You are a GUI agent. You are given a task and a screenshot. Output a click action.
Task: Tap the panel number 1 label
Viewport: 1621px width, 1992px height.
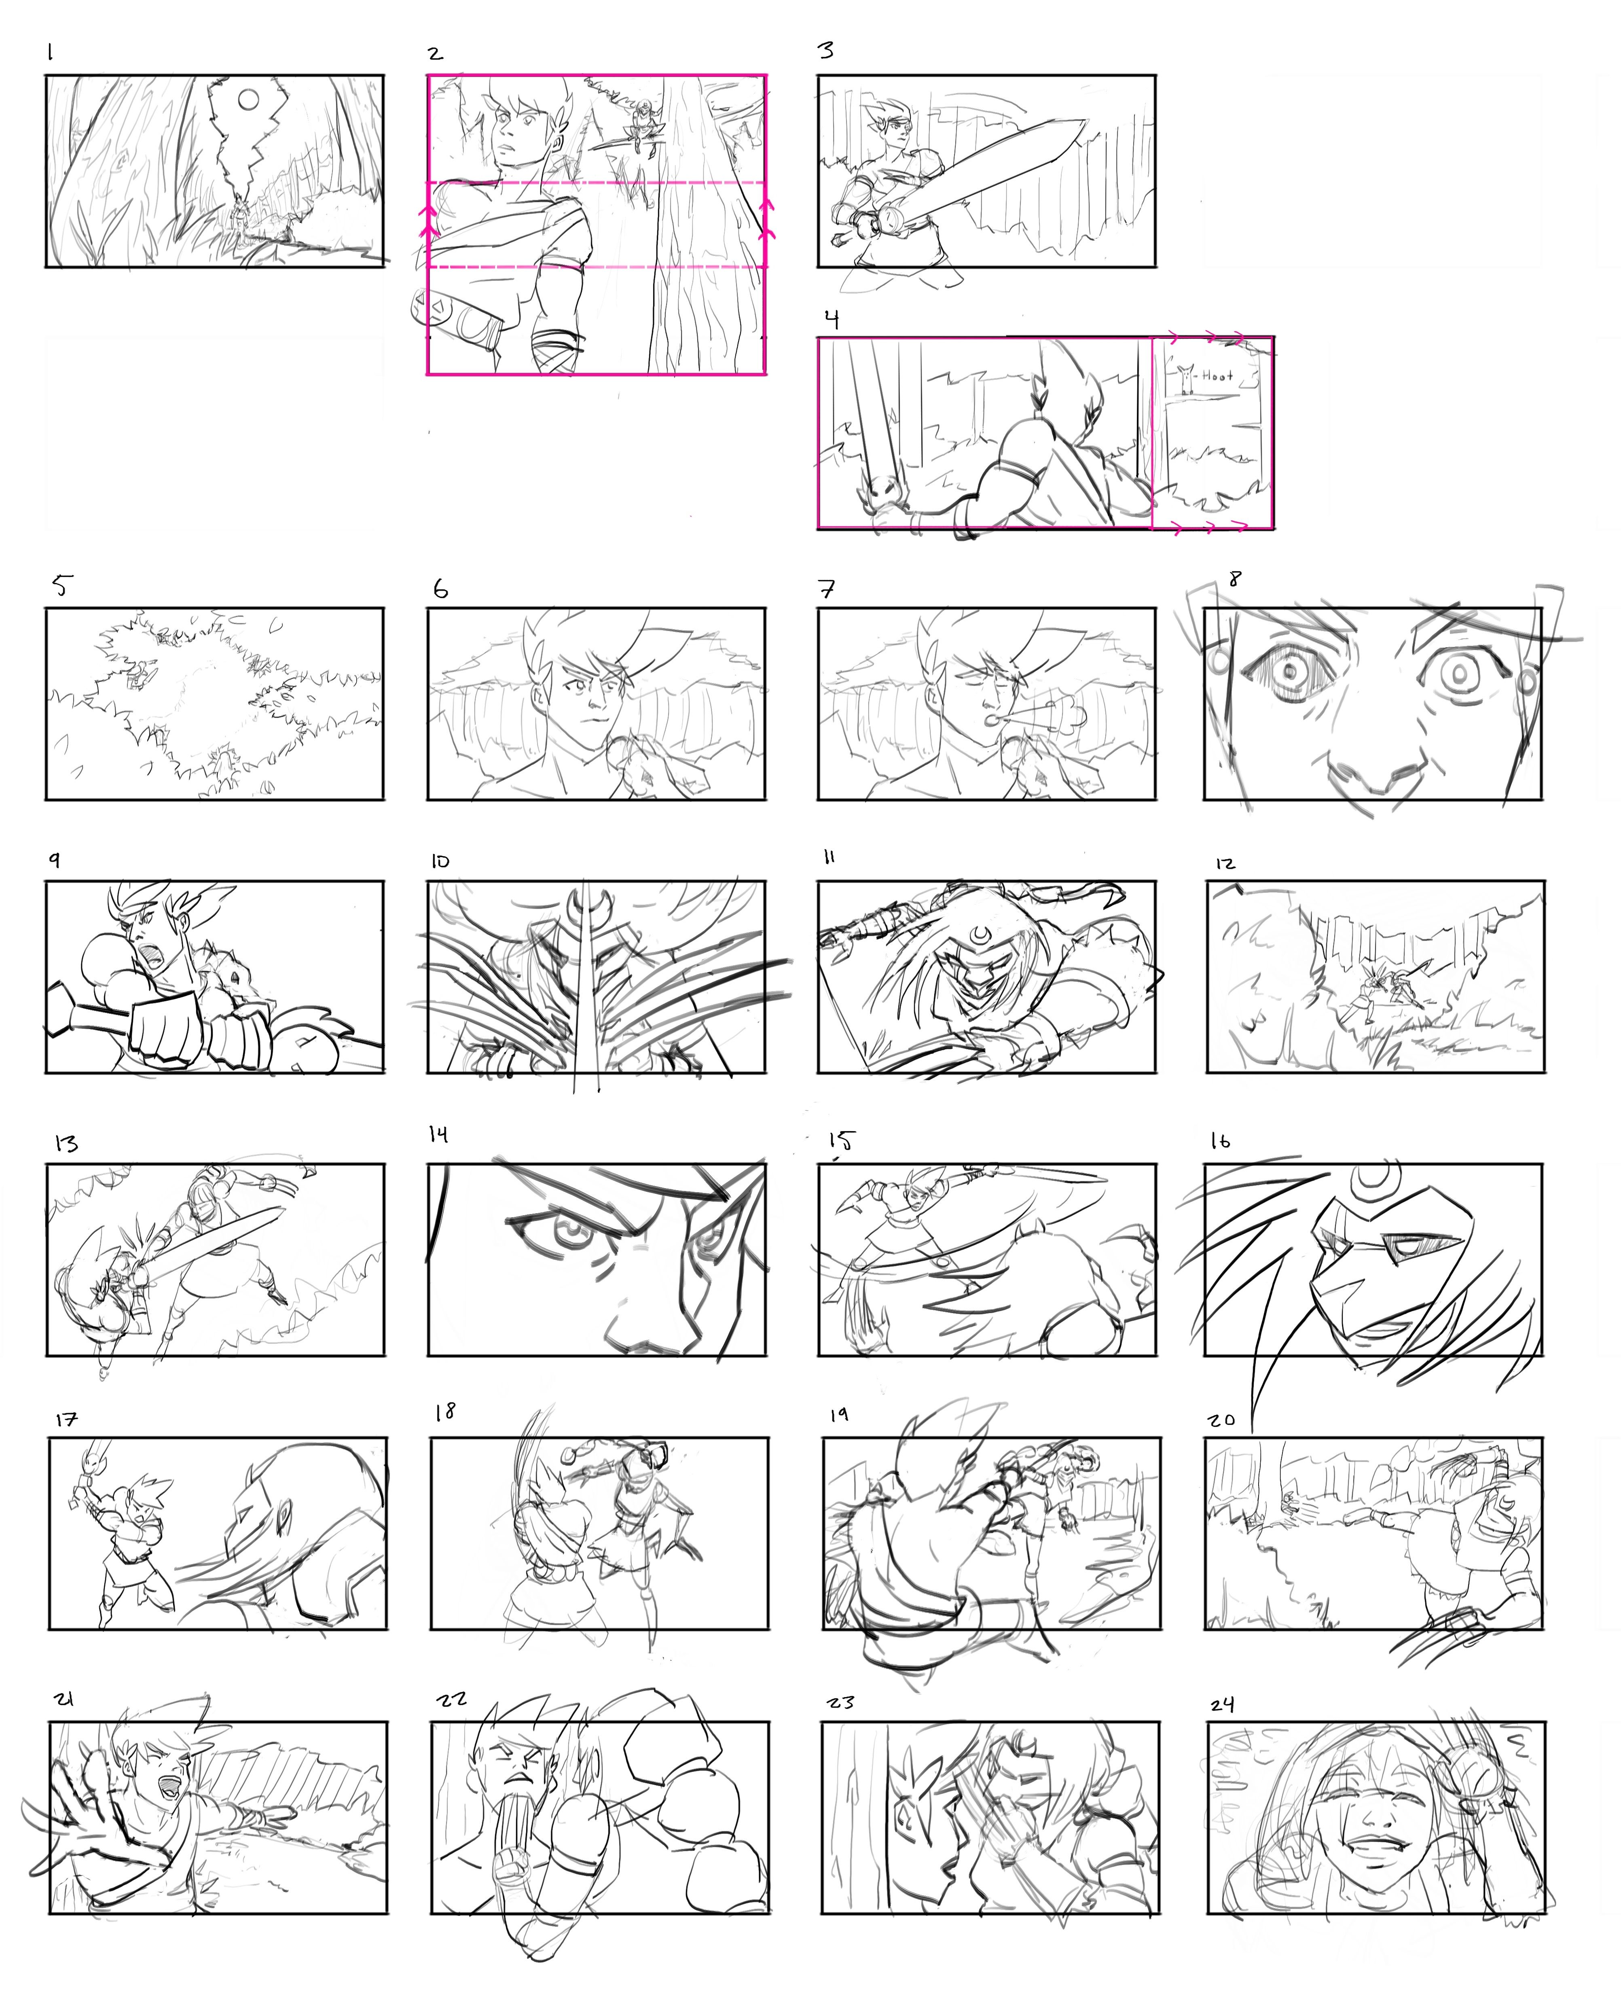(x=51, y=53)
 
